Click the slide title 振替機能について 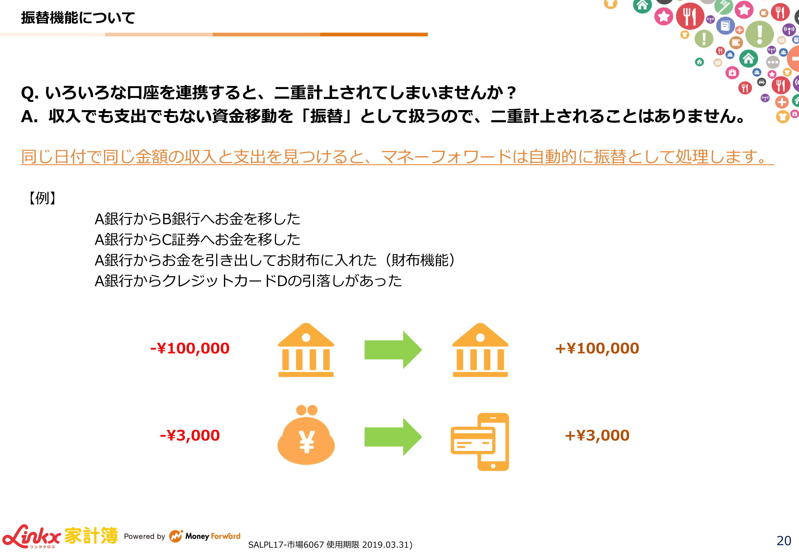78,18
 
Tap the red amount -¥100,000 190,349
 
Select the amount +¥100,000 597,349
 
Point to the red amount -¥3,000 190,436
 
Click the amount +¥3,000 597,436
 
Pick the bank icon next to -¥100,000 306,350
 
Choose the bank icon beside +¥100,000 480,350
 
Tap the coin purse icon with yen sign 306,435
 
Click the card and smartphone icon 480,442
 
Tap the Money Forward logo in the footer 205,536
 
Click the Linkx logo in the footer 31,536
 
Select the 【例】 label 42,198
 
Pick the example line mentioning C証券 197,239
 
